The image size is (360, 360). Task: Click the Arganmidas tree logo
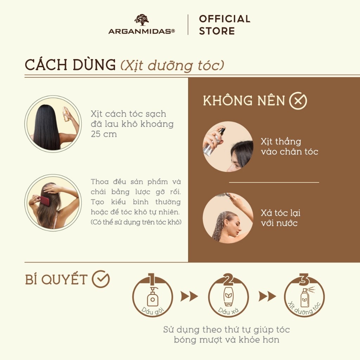141,20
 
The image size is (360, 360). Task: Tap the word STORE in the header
217,31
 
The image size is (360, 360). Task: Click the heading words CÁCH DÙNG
70,65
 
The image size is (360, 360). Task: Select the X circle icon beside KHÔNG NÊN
298,101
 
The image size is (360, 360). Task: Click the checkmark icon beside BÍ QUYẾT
101,279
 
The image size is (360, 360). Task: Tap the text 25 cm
104,134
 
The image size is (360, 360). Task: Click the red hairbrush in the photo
45,201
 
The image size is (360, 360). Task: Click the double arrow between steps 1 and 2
189,296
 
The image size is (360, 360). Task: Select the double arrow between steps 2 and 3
267,296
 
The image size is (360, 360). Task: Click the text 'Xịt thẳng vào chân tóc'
289,147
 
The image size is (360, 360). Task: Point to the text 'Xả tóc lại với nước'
281,218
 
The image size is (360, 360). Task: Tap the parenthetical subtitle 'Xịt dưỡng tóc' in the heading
172,66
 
